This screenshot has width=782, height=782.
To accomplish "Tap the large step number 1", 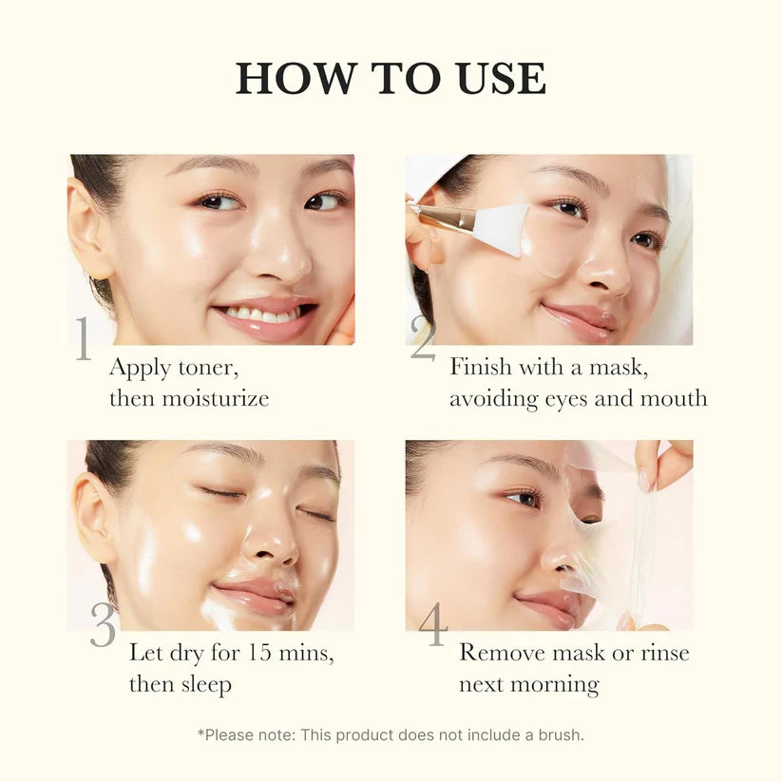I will (84, 339).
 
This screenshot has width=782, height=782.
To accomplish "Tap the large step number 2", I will (423, 339).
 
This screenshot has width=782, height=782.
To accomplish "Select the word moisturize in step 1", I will (215, 398).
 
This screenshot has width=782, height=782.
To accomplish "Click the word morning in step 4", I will (560, 684).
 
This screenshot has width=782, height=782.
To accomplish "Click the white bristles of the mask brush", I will (500, 230).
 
